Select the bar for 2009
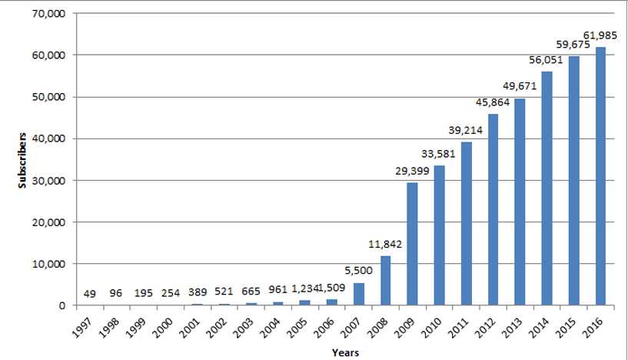[412, 244]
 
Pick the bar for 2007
[358, 294]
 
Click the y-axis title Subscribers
[24, 159]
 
